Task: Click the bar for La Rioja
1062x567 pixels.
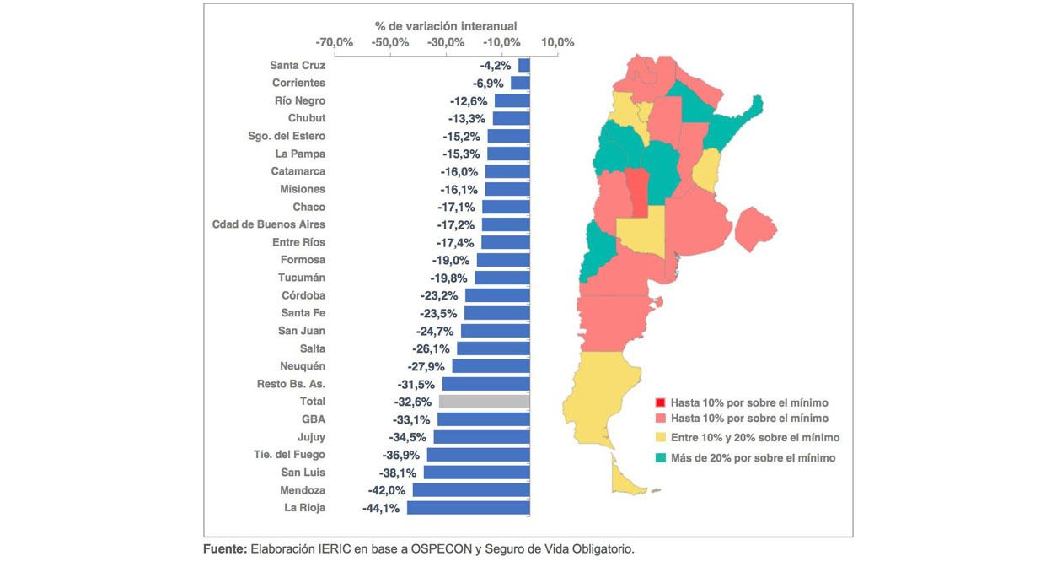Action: click(469, 508)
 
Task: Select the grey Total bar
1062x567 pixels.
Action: click(485, 402)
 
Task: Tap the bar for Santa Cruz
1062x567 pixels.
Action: click(524, 65)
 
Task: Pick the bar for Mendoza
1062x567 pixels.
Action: click(471, 490)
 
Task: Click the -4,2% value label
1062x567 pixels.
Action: click(495, 65)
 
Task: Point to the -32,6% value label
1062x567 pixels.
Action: click(412, 402)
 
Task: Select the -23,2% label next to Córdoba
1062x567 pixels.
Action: click(438, 295)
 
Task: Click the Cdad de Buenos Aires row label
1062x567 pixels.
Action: click(268, 224)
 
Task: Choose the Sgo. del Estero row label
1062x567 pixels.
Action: click(287, 136)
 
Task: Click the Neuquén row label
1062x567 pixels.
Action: click(303, 366)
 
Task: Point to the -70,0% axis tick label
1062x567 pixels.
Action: click(334, 42)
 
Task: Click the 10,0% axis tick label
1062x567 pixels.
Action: click(557, 42)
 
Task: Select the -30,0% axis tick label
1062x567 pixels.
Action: click(446, 42)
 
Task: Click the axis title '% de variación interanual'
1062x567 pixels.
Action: click(446, 26)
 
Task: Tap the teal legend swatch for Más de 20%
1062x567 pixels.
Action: click(661, 458)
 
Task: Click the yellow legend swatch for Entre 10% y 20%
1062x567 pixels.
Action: click(661, 438)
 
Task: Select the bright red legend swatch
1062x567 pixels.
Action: click(661, 402)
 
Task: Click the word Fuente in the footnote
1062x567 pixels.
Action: click(225, 549)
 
